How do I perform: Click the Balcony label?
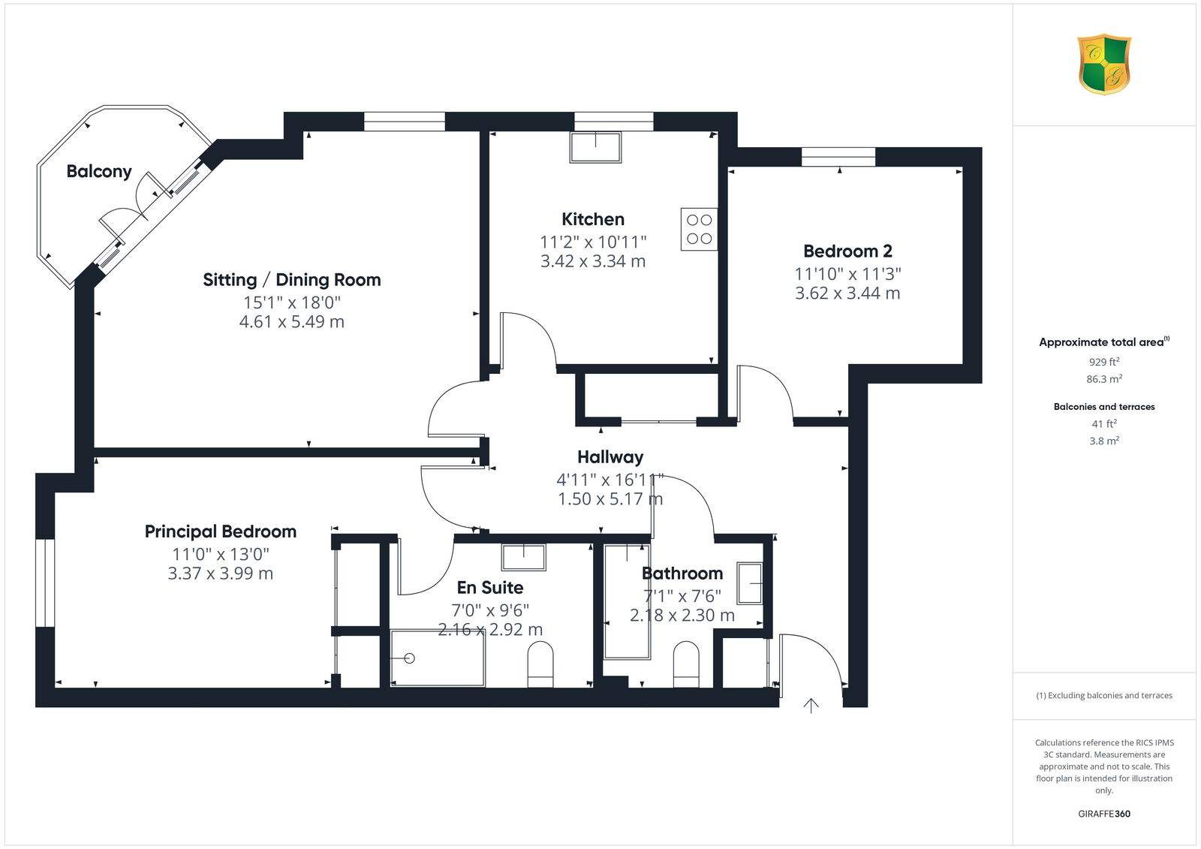pos(99,172)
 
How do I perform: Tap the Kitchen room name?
pos(593,219)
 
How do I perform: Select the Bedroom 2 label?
pos(847,251)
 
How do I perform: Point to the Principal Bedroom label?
pos(221,531)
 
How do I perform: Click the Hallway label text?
pos(610,457)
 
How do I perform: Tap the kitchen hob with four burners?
pos(699,229)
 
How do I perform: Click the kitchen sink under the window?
pos(596,147)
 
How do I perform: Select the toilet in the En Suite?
pos(540,665)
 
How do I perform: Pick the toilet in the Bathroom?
pos(686,664)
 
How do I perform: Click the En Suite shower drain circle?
pos(409,658)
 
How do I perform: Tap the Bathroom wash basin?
pos(750,583)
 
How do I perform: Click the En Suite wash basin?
pos(524,557)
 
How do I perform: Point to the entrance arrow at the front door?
pos(811,706)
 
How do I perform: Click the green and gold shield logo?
pos(1104,65)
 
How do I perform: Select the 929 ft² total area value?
pos(1104,362)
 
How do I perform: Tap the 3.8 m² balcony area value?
pos(1104,441)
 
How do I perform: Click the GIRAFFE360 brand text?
pos(1104,814)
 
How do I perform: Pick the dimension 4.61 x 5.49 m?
pos(292,322)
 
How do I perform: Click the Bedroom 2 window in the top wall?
pos(838,157)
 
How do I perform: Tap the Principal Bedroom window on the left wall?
pos(45,583)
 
